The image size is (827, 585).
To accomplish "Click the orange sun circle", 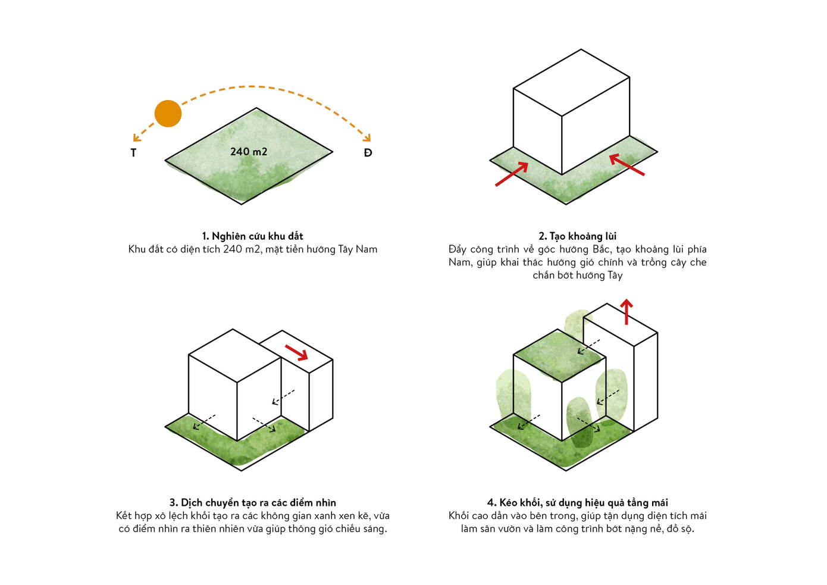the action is coord(168,114).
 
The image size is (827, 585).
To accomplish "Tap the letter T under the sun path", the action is coord(133,152).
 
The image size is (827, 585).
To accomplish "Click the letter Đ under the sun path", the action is coord(368,152).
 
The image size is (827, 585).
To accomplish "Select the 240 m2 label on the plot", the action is coord(249,151).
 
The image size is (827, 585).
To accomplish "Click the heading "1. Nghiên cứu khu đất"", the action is coord(252,236).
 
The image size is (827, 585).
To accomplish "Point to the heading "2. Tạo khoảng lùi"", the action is coord(578,236).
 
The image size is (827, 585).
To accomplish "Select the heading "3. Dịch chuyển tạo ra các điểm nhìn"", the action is coord(252,503).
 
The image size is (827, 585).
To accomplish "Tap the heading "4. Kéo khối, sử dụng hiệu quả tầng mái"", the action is coord(578,503).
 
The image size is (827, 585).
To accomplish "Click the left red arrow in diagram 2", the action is coord(512,174).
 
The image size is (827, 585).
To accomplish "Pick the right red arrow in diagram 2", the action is coord(626,165).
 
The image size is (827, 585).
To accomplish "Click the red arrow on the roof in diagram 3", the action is coord(296,352).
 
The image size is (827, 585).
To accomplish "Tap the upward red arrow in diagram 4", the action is coord(626,312).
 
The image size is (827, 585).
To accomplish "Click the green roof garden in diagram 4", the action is coord(560,355).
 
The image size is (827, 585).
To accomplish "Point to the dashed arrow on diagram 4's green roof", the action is coord(588,347).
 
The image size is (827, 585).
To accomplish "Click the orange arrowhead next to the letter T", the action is coord(136,137).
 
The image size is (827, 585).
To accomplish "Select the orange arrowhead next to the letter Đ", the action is coord(366,137).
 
